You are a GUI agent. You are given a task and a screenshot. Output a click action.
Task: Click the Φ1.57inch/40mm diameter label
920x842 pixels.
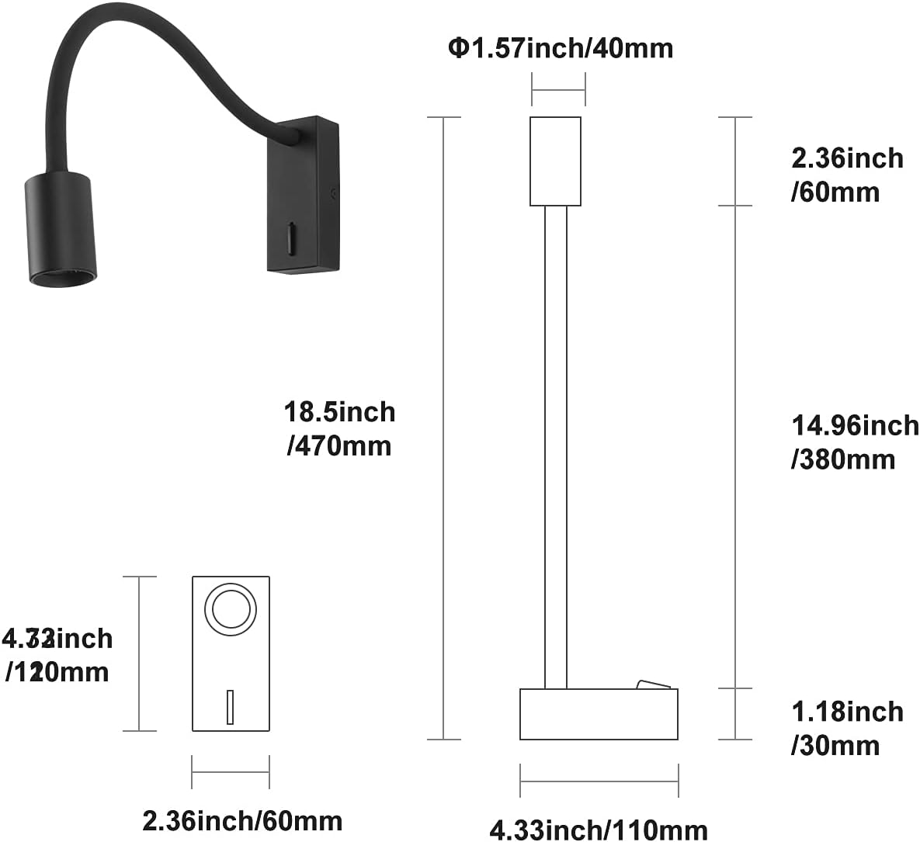point(561,48)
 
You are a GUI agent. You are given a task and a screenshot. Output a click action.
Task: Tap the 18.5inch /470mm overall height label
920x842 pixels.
point(339,428)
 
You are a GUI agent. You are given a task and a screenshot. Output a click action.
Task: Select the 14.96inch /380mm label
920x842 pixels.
point(854,442)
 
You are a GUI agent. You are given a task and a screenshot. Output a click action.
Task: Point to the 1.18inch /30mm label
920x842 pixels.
point(846,728)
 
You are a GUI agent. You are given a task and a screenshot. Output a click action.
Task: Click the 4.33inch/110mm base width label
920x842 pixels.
point(598,829)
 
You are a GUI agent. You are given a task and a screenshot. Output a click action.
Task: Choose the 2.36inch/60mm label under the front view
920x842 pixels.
point(242,820)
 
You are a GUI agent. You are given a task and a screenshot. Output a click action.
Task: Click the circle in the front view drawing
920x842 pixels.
point(230,608)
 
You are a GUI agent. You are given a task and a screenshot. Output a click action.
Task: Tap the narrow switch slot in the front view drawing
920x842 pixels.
point(230,706)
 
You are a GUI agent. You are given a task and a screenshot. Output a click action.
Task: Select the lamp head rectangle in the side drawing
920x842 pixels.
point(555,161)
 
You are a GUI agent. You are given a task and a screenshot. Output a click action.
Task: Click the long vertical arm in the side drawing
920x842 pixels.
point(555,446)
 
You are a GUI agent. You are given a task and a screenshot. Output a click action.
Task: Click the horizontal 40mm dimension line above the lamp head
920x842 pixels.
point(558,90)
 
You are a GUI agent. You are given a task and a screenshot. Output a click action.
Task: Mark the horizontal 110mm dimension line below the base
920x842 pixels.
point(599,781)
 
